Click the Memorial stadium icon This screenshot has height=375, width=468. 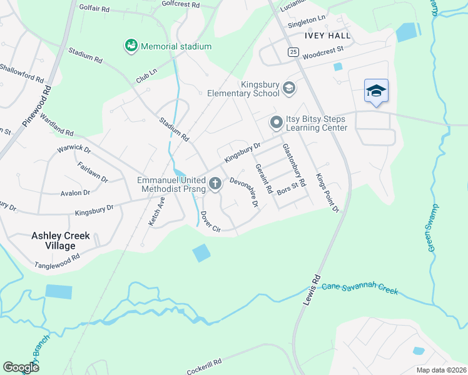point(131,46)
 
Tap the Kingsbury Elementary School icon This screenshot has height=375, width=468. point(288,89)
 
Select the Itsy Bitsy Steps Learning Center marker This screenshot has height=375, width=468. point(276,122)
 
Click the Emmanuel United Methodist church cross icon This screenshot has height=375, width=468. point(215,184)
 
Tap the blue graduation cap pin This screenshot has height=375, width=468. point(376,92)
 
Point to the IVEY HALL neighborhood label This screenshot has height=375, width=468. point(327,36)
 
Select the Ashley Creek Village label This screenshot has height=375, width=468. point(61,241)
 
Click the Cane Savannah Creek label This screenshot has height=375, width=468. point(360,289)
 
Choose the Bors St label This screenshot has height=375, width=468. point(287,189)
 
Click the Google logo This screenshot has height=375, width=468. point(21,367)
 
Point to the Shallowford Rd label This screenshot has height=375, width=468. point(22,74)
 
